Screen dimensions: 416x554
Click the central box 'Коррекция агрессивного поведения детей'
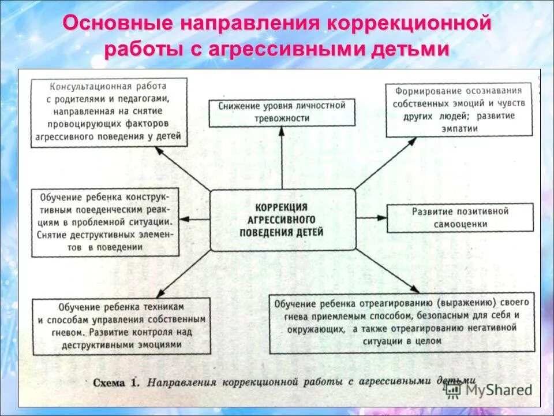coord(282,220)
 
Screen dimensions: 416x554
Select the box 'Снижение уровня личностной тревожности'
coord(282,112)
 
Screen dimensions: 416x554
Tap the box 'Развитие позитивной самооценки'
coord(459,217)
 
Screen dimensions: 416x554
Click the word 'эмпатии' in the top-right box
coord(459,128)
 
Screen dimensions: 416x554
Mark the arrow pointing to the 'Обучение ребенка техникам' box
coord(184,274)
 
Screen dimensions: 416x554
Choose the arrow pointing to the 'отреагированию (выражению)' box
coord(387,271)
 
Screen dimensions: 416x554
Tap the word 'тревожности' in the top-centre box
coord(282,118)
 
